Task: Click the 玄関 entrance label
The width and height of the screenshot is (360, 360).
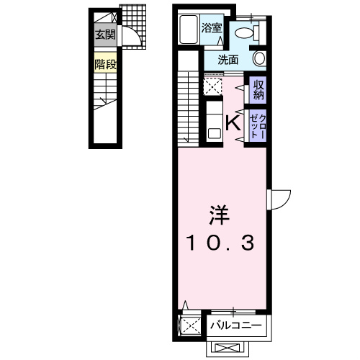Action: tap(105, 35)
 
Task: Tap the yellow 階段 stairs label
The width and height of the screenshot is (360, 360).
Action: tap(105, 64)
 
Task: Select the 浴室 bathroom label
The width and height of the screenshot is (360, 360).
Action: tap(211, 28)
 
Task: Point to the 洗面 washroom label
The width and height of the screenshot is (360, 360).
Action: tap(228, 60)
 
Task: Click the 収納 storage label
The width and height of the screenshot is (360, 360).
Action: tap(258, 90)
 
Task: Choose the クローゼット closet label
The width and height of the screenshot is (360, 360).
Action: tap(258, 126)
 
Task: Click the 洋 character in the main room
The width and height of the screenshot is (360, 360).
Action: tap(219, 215)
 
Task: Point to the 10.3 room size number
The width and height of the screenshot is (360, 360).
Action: tap(220, 243)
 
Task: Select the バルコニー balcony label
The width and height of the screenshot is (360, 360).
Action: tap(236, 325)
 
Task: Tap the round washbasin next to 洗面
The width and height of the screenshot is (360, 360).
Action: tap(260, 58)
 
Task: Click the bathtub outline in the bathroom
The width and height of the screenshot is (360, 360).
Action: tap(189, 30)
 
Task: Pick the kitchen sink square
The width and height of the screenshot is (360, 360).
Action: tap(215, 133)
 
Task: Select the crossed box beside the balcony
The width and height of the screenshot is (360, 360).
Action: tap(189, 325)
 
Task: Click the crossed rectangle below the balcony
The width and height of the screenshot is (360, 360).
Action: tap(228, 348)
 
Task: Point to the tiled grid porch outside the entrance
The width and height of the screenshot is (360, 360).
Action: tap(134, 27)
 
